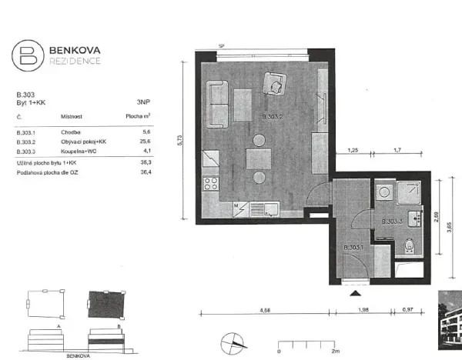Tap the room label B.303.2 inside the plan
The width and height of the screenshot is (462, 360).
[274, 117]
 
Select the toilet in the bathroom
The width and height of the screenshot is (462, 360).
[410, 246]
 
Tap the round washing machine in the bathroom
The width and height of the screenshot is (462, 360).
[383, 194]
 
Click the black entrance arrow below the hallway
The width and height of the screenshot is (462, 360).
[355, 293]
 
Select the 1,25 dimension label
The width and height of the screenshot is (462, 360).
[353, 151]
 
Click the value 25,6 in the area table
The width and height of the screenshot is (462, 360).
[144, 142]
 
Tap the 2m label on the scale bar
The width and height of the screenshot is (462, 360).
[336, 351]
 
